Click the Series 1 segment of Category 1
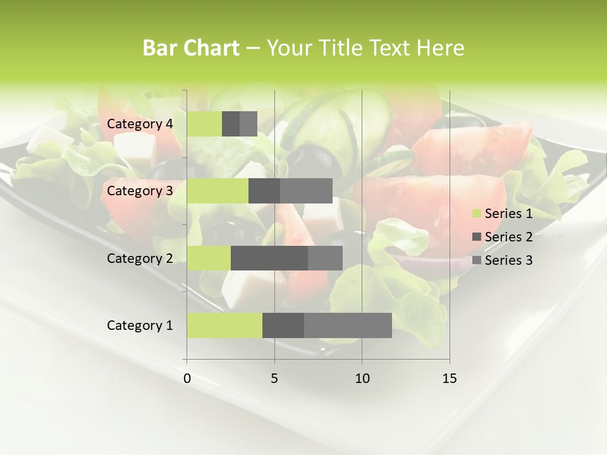tap(224, 325)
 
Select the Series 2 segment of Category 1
tap(283, 325)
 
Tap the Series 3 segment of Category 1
tap(348, 325)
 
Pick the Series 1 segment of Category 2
tap(209, 258)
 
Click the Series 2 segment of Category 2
tap(269, 258)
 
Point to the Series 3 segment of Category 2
tap(325, 258)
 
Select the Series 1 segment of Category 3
tap(218, 191)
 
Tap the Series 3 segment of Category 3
tap(306, 191)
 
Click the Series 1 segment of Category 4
tap(204, 124)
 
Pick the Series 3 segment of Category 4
tap(248, 124)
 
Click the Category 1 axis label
tap(140, 325)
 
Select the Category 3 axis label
tap(140, 191)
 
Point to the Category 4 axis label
tap(140, 124)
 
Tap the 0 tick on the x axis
tap(187, 379)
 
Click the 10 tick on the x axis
tap(362, 379)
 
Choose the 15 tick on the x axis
tap(450, 379)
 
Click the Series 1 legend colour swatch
tap(477, 214)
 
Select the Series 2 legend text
tap(508, 237)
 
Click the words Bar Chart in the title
tap(191, 48)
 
